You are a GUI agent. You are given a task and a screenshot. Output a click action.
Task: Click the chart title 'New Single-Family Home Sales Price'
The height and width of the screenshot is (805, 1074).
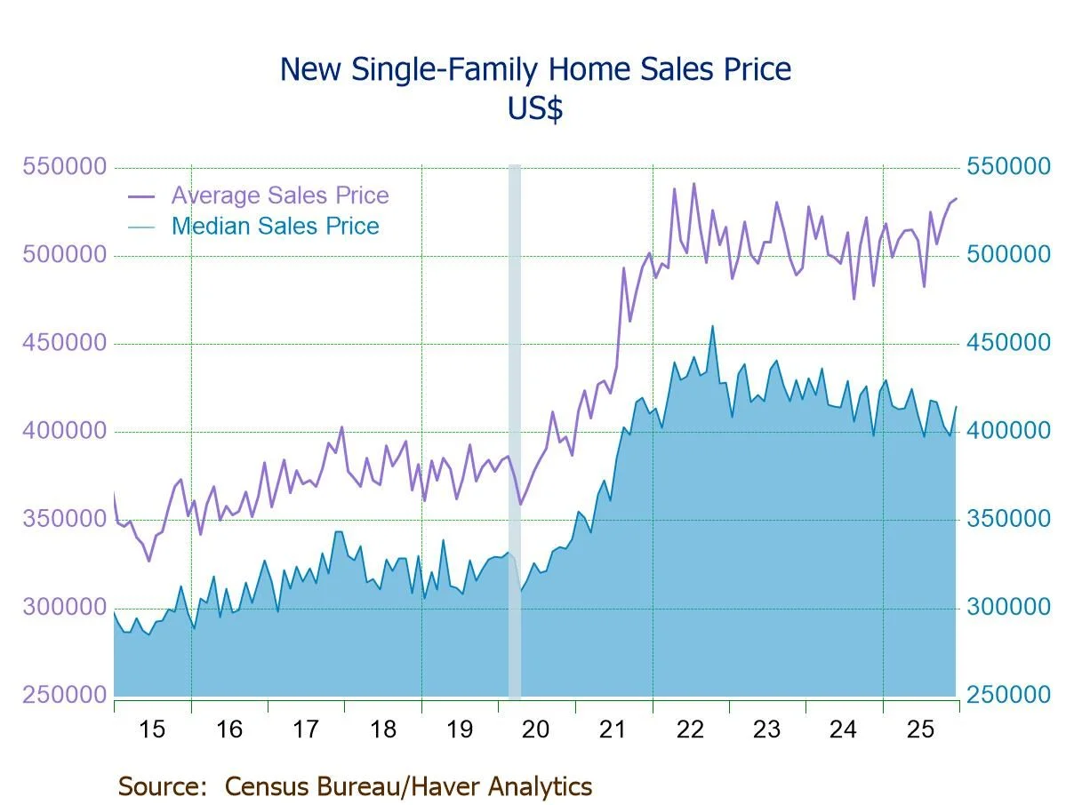pyautogui.click(x=535, y=68)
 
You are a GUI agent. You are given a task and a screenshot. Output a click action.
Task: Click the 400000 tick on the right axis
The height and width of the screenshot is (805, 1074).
pyautogui.click(x=1007, y=431)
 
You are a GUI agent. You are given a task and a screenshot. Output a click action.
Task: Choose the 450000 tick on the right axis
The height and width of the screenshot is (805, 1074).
pyautogui.click(x=1007, y=343)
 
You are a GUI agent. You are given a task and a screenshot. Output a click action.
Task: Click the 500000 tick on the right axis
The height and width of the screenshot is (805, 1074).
pyautogui.click(x=1007, y=255)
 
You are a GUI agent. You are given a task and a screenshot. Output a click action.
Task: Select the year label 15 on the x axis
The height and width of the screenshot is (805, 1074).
pyautogui.click(x=152, y=729)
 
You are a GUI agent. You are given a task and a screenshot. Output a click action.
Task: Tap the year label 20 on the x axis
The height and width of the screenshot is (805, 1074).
pyautogui.click(x=536, y=729)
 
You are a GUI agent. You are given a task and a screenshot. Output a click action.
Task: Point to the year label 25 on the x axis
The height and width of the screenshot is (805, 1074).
pyautogui.click(x=920, y=729)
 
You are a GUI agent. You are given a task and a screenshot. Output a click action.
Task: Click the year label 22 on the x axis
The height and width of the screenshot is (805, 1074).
pyautogui.click(x=690, y=729)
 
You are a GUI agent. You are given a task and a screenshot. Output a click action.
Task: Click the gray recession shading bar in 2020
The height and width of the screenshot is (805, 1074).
pyautogui.click(x=514, y=426)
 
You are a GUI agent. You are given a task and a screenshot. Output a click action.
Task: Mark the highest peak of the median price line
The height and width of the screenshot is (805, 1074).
pyautogui.click(x=712, y=326)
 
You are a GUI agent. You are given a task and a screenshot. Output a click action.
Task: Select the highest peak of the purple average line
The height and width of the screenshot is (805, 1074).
pyautogui.click(x=693, y=184)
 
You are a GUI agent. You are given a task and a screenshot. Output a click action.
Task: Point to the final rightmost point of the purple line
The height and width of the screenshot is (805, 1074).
pyautogui.click(x=956, y=198)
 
